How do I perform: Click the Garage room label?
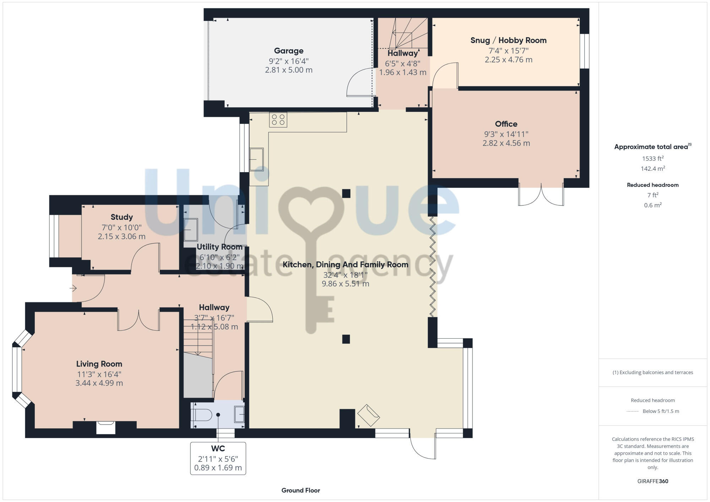click(x=288, y=51)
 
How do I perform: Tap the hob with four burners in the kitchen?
click(x=278, y=120)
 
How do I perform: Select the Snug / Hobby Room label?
click(x=508, y=40)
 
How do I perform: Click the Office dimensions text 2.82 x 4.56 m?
click(x=506, y=143)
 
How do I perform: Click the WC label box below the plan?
click(x=218, y=458)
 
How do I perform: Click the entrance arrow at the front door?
click(x=73, y=288)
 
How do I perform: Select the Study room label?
click(x=121, y=217)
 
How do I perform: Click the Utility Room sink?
click(x=191, y=230)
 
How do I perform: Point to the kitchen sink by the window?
click(x=256, y=159)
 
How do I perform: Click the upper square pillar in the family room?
click(x=346, y=193)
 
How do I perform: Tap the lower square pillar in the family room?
click(x=346, y=339)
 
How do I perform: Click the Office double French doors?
click(x=541, y=195)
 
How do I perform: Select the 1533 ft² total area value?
click(x=652, y=158)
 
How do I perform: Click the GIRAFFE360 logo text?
click(x=652, y=481)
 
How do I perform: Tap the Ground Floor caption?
click(x=301, y=490)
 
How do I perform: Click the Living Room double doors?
click(x=138, y=320)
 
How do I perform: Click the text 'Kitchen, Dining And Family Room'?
click(x=345, y=264)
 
